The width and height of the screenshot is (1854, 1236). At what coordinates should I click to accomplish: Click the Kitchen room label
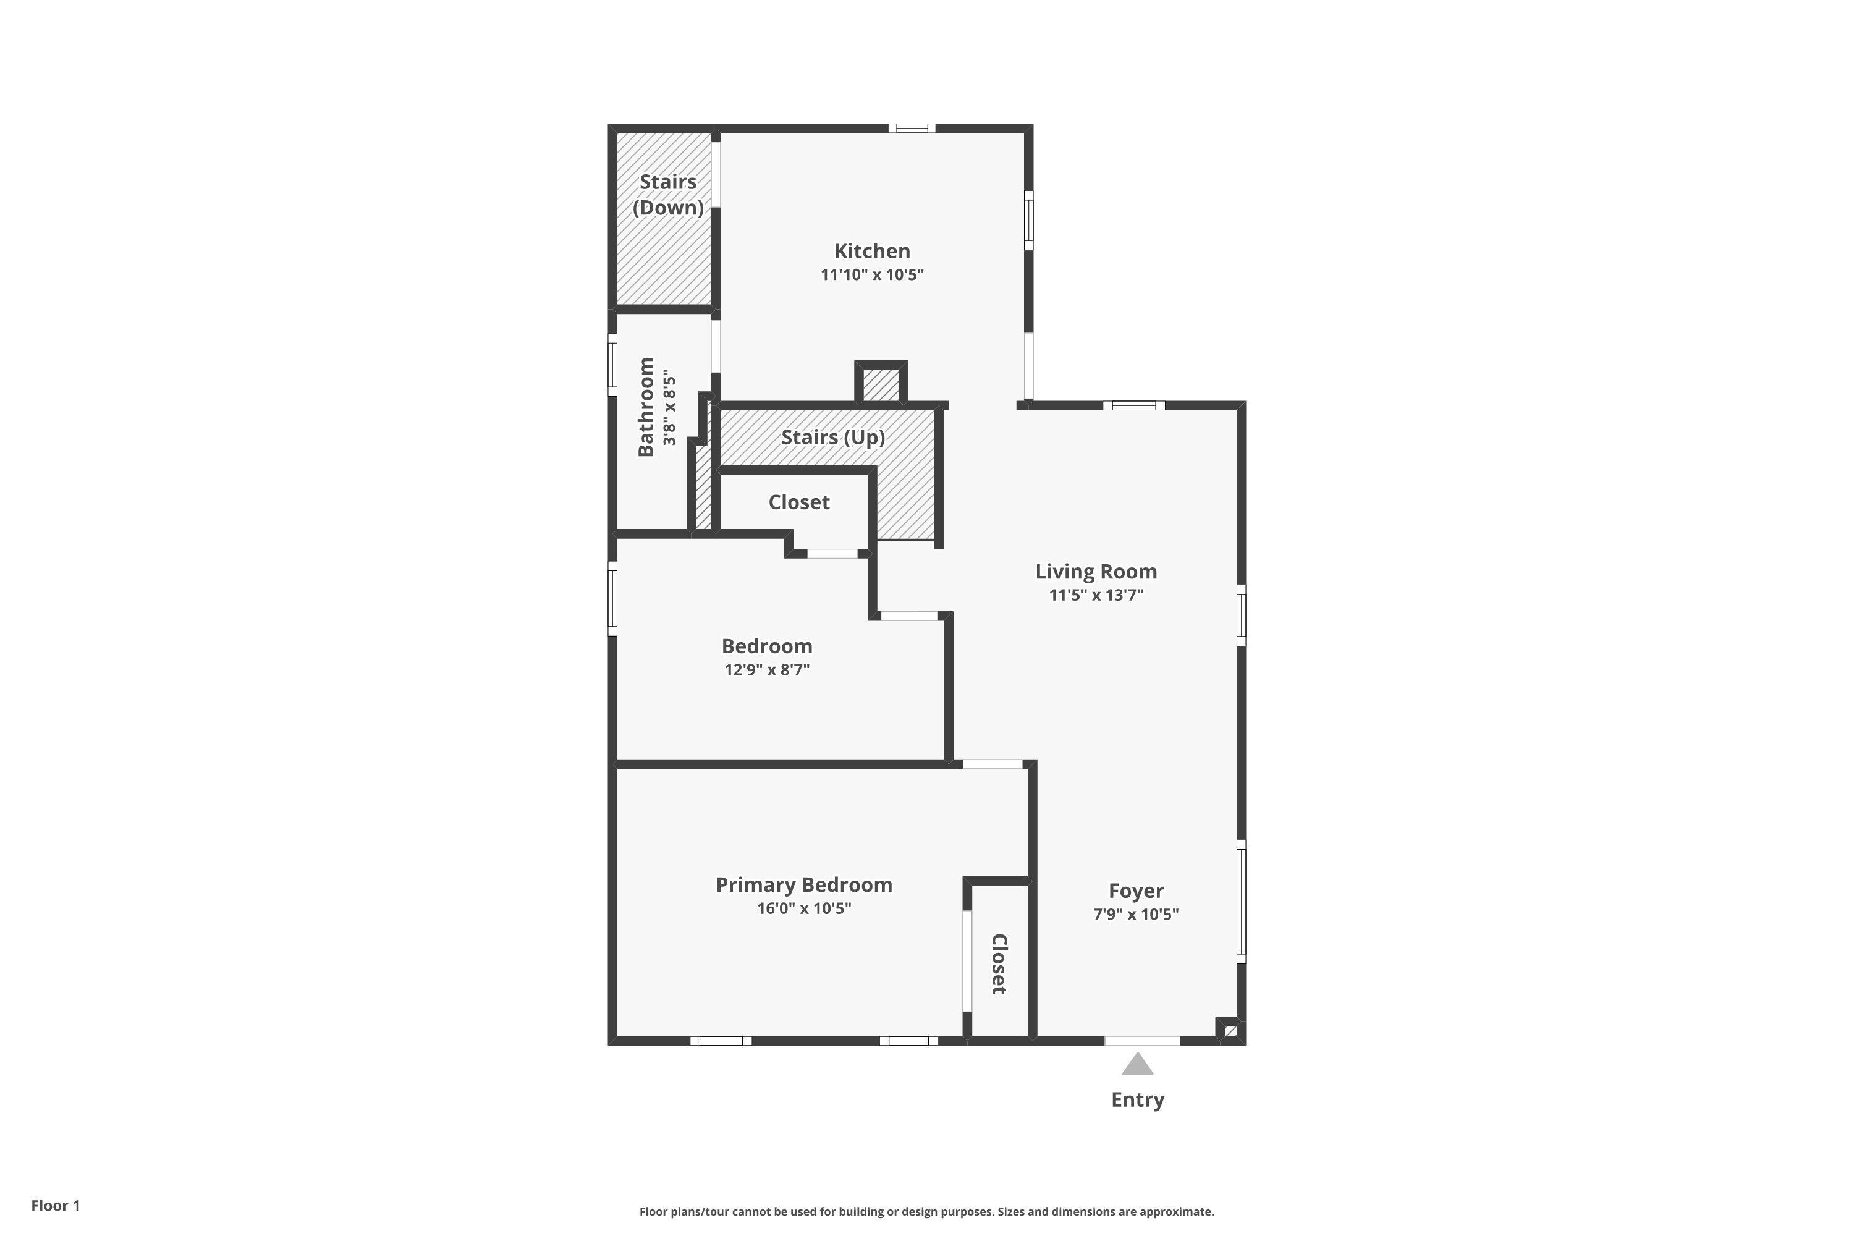click(872, 252)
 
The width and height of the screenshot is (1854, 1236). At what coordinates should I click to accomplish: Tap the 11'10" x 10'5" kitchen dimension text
click(872, 275)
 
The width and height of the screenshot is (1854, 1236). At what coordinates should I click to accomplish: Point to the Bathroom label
click(646, 407)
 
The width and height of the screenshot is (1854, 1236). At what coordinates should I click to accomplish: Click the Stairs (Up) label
click(832, 438)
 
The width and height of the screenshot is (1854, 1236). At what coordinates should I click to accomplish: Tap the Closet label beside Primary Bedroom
click(999, 964)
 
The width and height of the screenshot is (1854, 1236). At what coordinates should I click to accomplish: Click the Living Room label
click(1096, 572)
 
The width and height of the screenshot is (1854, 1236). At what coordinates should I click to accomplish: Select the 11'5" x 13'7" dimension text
click(1096, 595)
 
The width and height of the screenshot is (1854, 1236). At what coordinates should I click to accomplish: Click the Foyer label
click(1136, 891)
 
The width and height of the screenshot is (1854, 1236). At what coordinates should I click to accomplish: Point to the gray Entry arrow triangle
click(1138, 1065)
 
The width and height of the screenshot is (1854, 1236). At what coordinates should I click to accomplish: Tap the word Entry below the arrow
click(1138, 1099)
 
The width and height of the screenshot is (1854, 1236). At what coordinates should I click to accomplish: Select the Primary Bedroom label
click(803, 884)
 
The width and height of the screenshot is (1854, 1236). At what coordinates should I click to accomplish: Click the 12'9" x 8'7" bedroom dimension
click(767, 670)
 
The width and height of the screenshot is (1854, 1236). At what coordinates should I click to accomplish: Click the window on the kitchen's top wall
click(912, 129)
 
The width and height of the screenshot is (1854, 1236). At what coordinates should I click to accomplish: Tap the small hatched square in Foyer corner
click(1230, 1030)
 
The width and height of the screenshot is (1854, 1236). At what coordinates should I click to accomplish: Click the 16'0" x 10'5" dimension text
click(803, 908)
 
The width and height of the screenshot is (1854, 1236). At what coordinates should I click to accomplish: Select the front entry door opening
click(1141, 1041)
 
